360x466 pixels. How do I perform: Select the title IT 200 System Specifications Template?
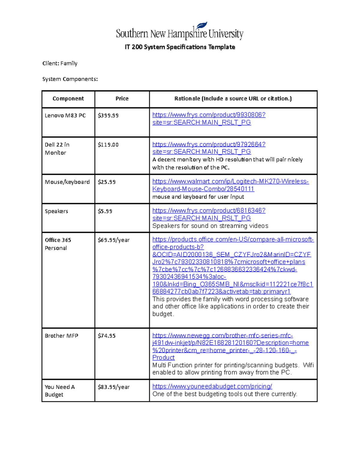click(x=180, y=47)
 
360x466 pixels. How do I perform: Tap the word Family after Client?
click(x=69, y=63)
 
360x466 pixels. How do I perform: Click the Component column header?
click(x=68, y=99)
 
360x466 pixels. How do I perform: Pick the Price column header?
click(x=122, y=99)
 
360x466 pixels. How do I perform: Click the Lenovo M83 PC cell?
click(x=65, y=116)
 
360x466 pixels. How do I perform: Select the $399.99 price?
click(x=108, y=116)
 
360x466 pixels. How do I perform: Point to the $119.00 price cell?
click(x=108, y=145)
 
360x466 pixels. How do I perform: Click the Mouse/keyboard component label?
click(x=67, y=182)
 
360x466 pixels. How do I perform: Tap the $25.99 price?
click(x=106, y=182)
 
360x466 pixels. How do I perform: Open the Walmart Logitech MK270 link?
click(x=230, y=185)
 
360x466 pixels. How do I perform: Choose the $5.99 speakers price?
click(x=105, y=211)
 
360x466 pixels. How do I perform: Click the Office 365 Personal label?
click(x=58, y=244)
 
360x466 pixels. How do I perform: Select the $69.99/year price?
click(x=113, y=240)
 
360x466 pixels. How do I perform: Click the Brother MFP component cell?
click(x=61, y=336)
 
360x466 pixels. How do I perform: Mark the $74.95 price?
click(x=106, y=336)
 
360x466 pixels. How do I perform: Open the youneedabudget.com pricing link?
click(x=212, y=386)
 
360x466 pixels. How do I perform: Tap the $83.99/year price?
click(x=113, y=387)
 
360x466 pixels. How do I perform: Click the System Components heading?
click(x=70, y=79)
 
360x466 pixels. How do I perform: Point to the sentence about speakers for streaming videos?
click(x=210, y=226)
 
